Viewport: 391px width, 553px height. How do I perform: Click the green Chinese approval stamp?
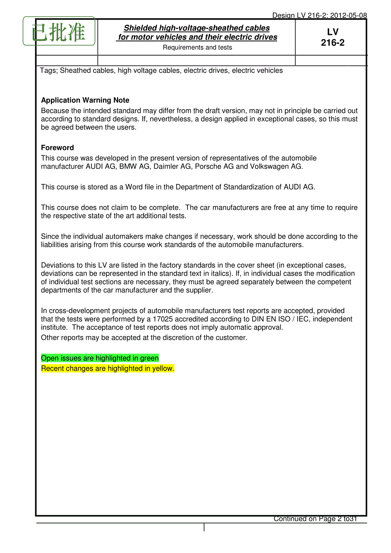click(x=59, y=31)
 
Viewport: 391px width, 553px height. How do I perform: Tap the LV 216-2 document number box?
click(x=332, y=37)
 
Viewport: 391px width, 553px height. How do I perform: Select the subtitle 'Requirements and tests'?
click(x=197, y=48)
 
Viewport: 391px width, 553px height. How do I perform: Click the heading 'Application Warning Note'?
click(x=85, y=100)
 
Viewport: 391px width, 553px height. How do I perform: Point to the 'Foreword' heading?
click(x=57, y=148)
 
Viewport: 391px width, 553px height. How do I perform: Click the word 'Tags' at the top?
click(x=48, y=71)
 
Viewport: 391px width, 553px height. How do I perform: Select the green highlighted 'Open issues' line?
click(x=100, y=358)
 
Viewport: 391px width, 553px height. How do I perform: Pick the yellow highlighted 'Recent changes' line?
click(x=108, y=369)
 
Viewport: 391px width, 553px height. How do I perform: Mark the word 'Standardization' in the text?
click(x=249, y=187)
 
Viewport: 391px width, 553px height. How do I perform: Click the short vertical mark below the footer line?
click(x=204, y=528)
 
